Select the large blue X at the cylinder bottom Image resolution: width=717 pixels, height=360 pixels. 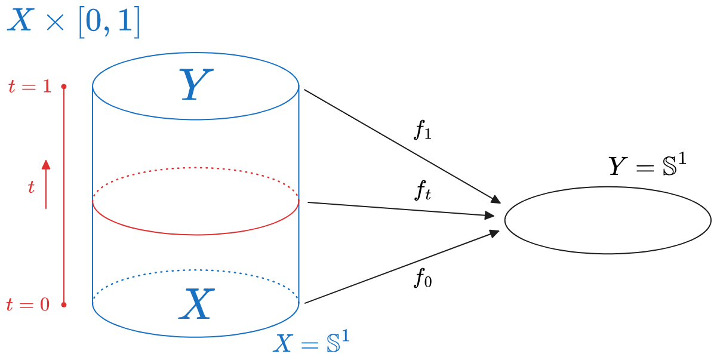click(196, 304)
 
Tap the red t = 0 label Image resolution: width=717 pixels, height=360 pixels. click(28, 304)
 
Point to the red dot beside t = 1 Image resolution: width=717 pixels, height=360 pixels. click(64, 87)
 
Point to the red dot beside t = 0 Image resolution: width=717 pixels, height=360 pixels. click(64, 304)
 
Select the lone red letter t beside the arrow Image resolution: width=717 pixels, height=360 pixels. click(32, 187)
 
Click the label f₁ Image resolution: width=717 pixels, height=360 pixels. click(423, 130)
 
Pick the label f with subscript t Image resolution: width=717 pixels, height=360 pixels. click(423, 191)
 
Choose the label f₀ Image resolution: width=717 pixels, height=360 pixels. click(423, 278)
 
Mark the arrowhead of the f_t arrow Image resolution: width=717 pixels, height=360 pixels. click(489, 215)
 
